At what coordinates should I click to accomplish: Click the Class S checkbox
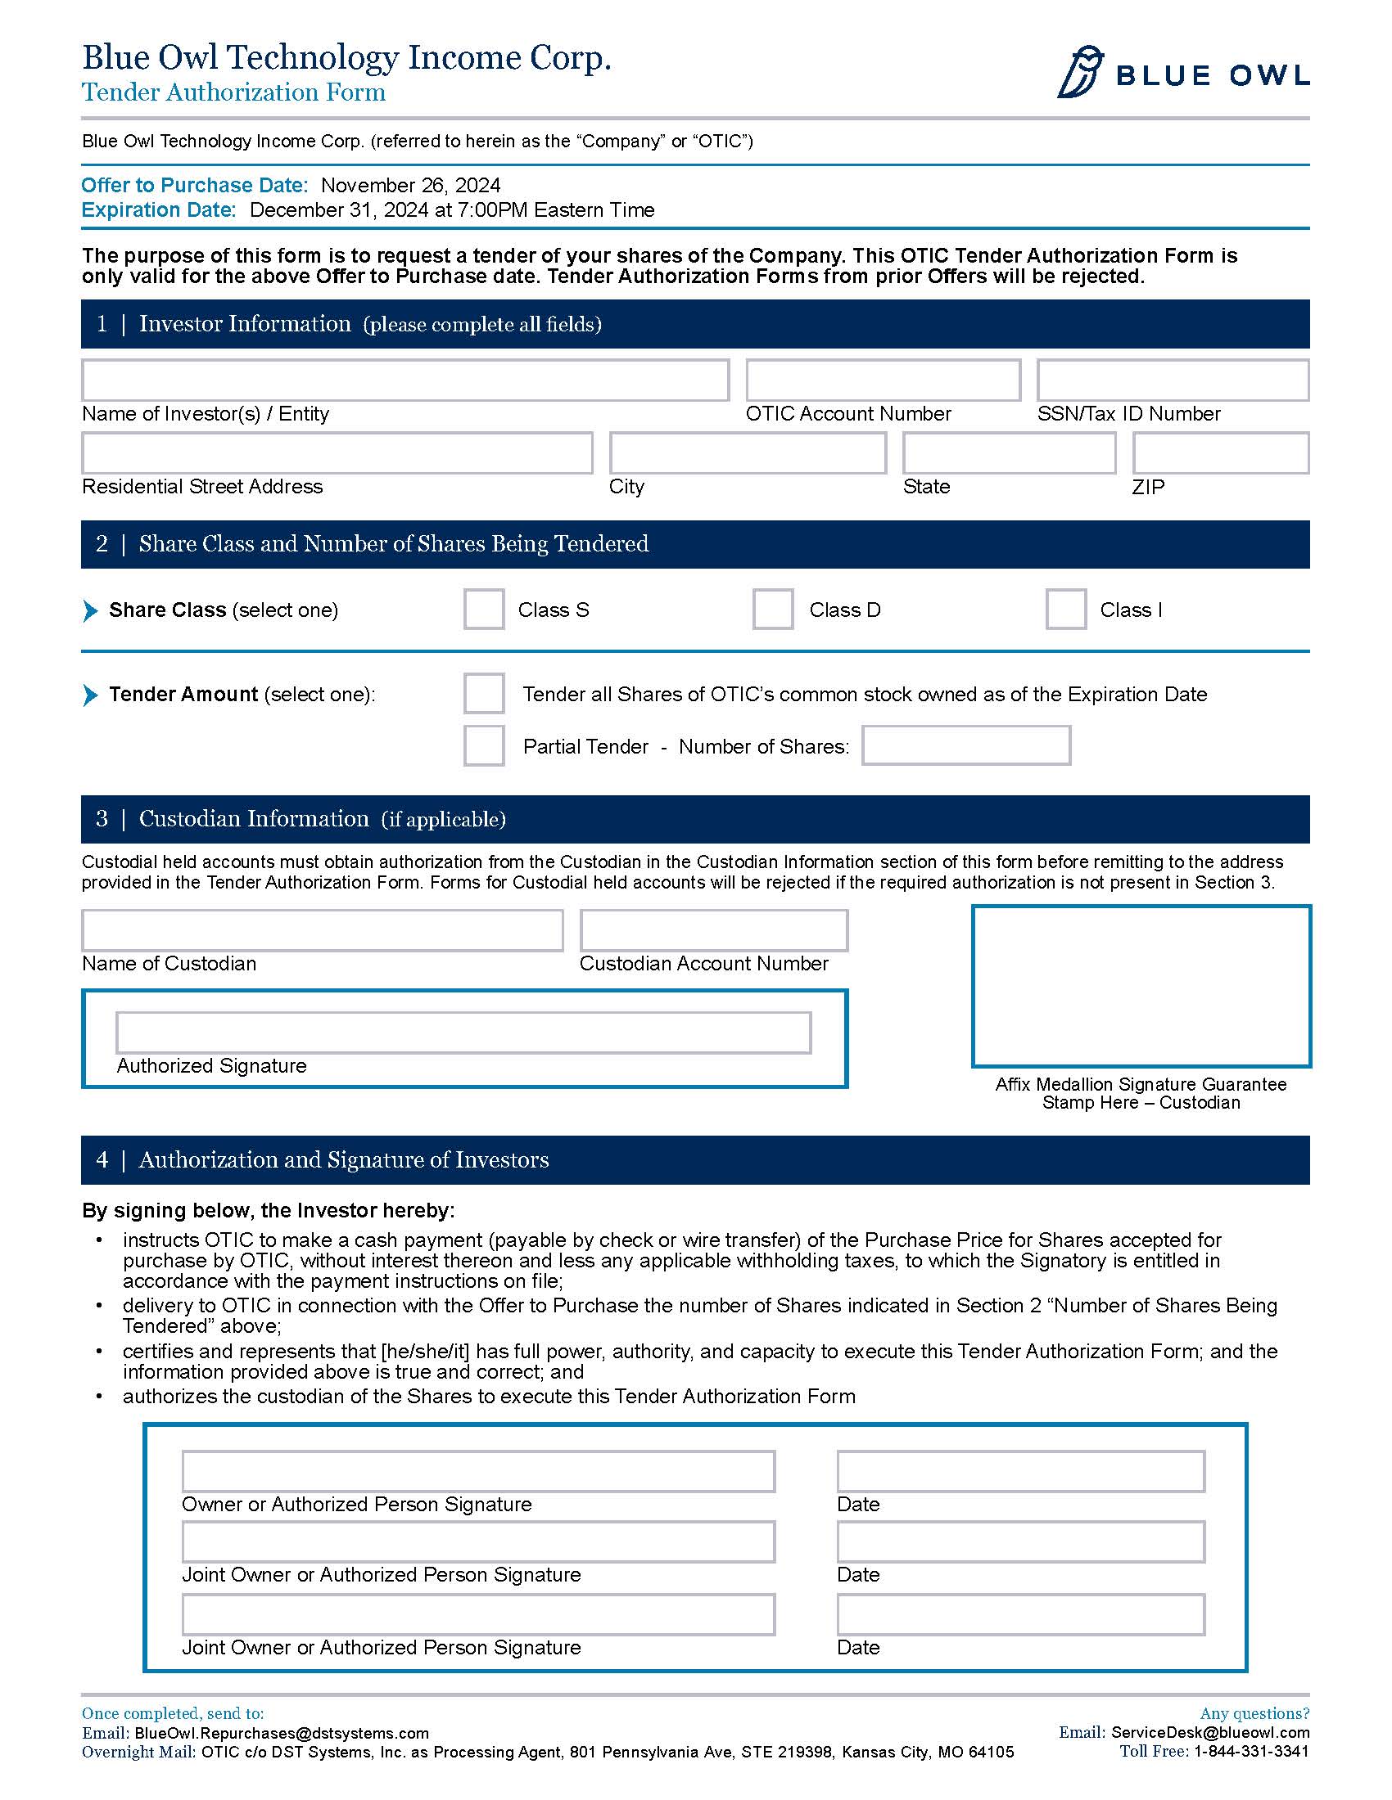tap(483, 609)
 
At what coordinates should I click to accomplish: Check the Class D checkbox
tap(773, 609)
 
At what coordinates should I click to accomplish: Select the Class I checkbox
tap(1065, 609)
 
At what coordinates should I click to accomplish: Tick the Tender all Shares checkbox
tap(483, 693)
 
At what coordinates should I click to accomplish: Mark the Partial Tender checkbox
tap(483, 745)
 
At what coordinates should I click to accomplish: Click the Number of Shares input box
tap(965, 745)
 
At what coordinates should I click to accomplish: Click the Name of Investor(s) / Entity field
tap(404, 380)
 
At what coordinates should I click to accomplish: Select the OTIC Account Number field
tap(883, 380)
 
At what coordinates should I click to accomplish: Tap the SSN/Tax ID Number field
tap(1172, 380)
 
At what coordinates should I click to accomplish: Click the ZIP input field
tap(1221, 452)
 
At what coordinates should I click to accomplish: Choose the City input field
tap(747, 452)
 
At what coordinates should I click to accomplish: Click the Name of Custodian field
tap(322, 930)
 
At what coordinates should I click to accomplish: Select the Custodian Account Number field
tap(713, 930)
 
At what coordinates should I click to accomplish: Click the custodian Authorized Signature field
tap(463, 1033)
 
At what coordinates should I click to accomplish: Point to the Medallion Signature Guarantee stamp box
tap(1141, 986)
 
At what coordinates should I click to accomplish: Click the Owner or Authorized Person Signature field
tap(478, 1471)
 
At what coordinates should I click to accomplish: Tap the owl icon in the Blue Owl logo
tap(1080, 73)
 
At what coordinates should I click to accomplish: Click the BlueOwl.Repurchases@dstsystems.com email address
tap(281, 1733)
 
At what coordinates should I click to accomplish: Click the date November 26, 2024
tap(411, 186)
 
